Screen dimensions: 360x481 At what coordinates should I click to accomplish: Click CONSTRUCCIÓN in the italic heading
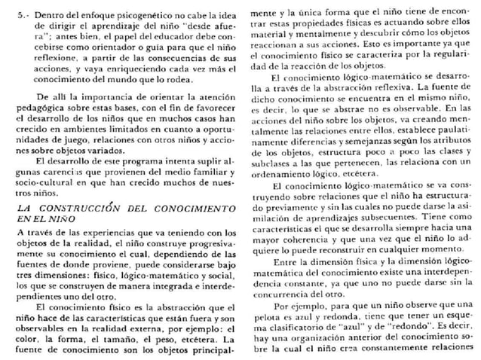point(89,208)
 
